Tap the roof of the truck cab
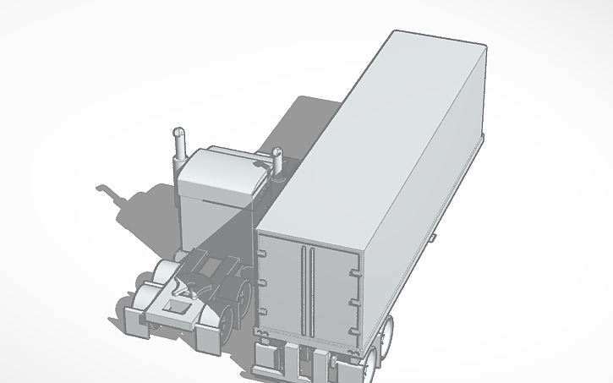222,166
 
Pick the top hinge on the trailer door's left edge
264,251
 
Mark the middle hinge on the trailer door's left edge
264,283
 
